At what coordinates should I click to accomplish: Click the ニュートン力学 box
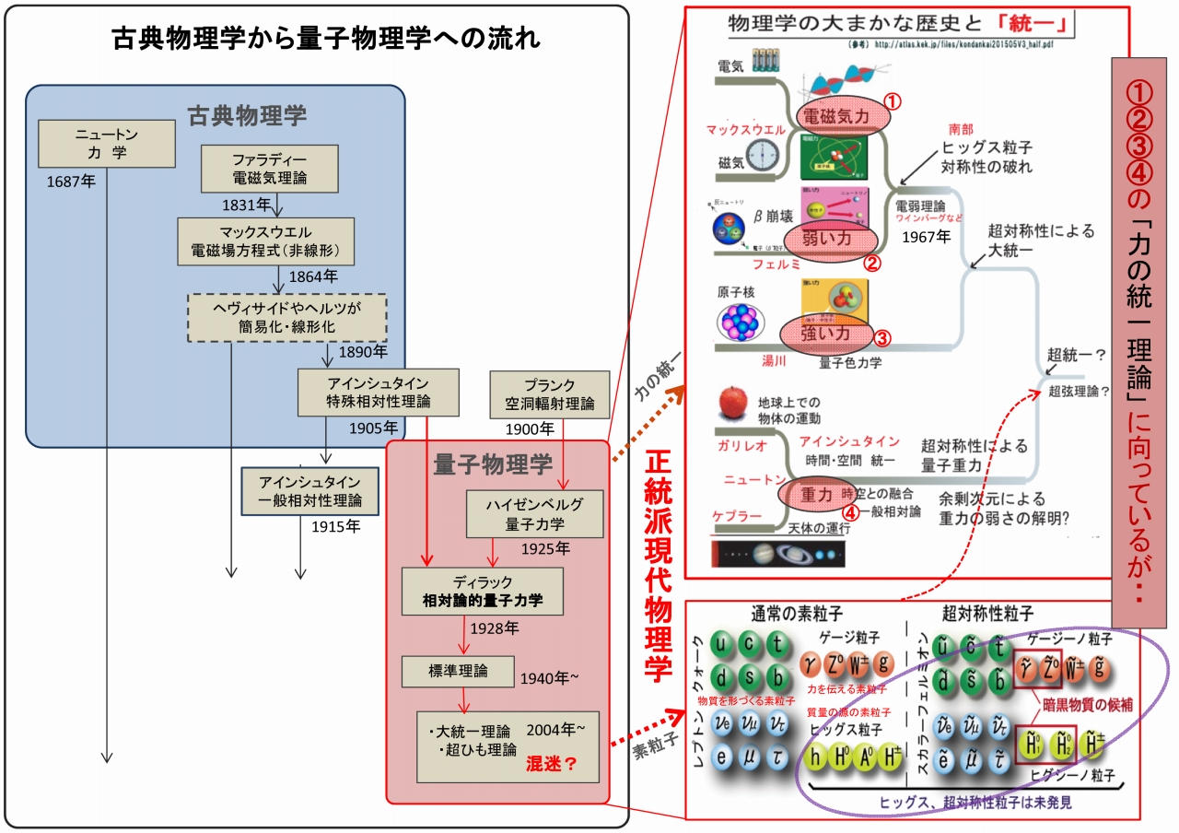click(107, 143)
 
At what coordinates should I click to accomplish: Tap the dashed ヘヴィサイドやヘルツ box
click(286, 318)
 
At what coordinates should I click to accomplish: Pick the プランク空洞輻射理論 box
click(550, 394)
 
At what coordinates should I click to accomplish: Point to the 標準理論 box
click(458, 671)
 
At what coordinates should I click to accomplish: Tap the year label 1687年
click(71, 181)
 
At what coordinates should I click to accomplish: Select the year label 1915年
click(335, 527)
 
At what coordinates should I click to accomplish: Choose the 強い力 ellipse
click(825, 334)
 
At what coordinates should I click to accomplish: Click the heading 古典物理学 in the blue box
click(247, 116)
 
